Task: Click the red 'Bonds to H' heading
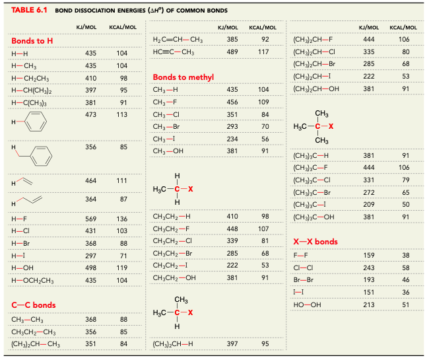point(32,41)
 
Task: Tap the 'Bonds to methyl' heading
point(183,77)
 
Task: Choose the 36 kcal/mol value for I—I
point(405,292)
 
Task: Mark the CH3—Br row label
point(166,126)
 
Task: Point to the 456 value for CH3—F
point(232,102)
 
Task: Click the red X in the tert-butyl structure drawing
point(331,126)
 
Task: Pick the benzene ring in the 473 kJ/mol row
point(38,123)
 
